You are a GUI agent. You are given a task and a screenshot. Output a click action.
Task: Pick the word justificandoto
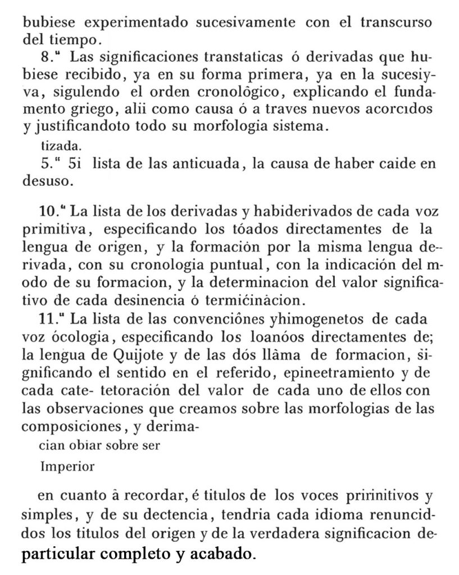click(x=73, y=126)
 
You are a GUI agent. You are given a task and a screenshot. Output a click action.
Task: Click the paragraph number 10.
click(x=49, y=213)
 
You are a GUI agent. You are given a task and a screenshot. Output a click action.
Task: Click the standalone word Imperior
click(x=68, y=466)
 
